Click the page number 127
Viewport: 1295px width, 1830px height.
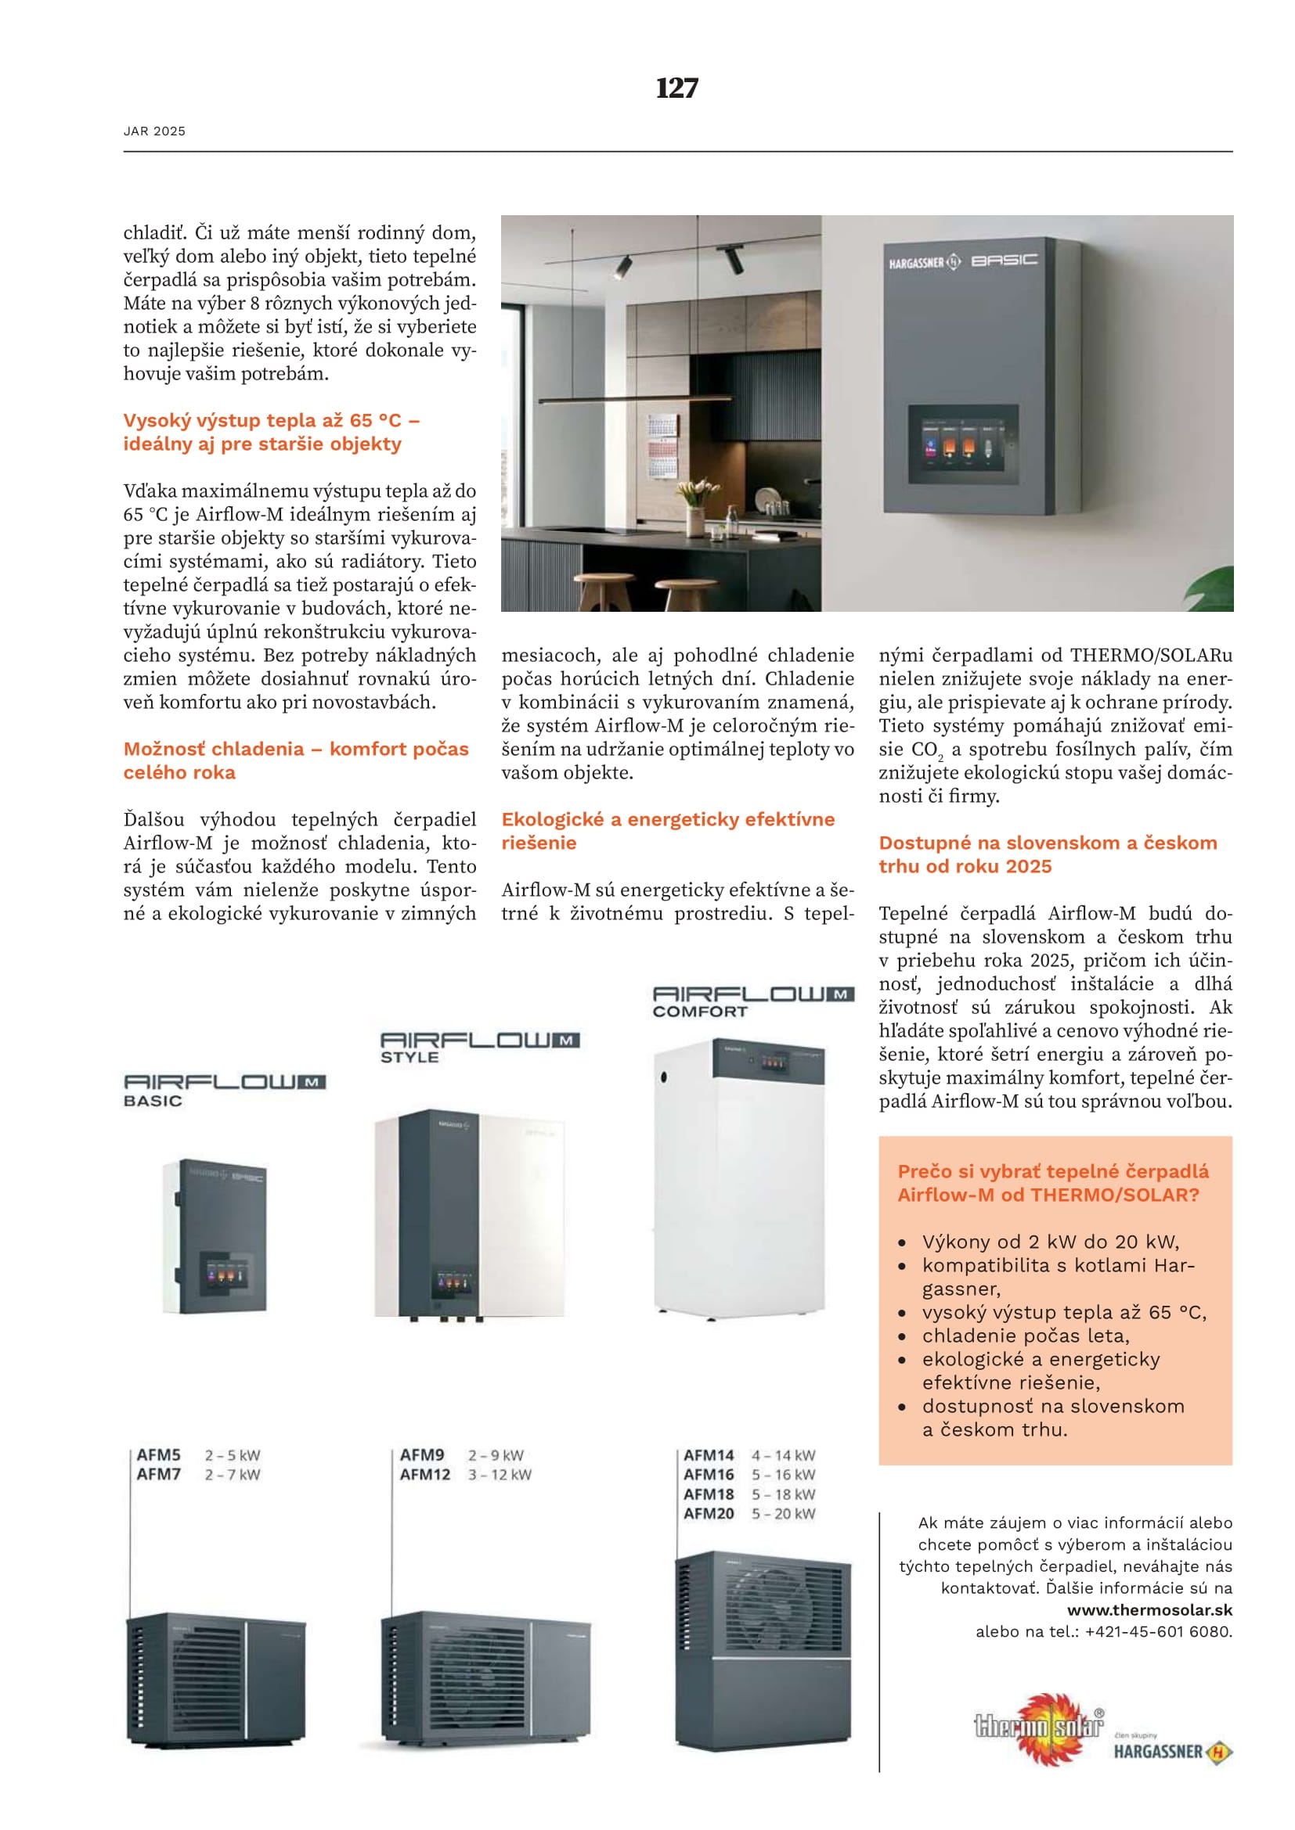pos(676,88)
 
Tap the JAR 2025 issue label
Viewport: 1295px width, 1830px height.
pos(154,131)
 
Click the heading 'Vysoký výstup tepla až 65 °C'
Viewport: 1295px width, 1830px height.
pos(271,421)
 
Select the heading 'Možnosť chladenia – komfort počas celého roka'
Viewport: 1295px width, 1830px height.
pos(295,760)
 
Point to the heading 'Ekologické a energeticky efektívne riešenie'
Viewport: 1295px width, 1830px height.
pos(667,831)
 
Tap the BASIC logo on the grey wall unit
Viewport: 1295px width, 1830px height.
pos(1004,260)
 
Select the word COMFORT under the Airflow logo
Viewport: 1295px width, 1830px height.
pos(699,1012)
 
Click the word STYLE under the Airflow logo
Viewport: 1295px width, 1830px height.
pos(409,1058)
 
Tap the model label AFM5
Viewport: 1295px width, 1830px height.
pos(159,1454)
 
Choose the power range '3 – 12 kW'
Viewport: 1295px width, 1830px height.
pos(500,1475)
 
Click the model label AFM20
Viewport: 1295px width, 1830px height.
pos(708,1514)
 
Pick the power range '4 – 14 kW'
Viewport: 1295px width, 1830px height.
pos(783,1455)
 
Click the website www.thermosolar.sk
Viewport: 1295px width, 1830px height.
pos(1149,1609)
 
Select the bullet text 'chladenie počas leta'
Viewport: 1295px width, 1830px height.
pos(1025,1335)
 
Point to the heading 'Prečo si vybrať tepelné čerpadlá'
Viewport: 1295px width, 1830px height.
pos(1052,1171)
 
